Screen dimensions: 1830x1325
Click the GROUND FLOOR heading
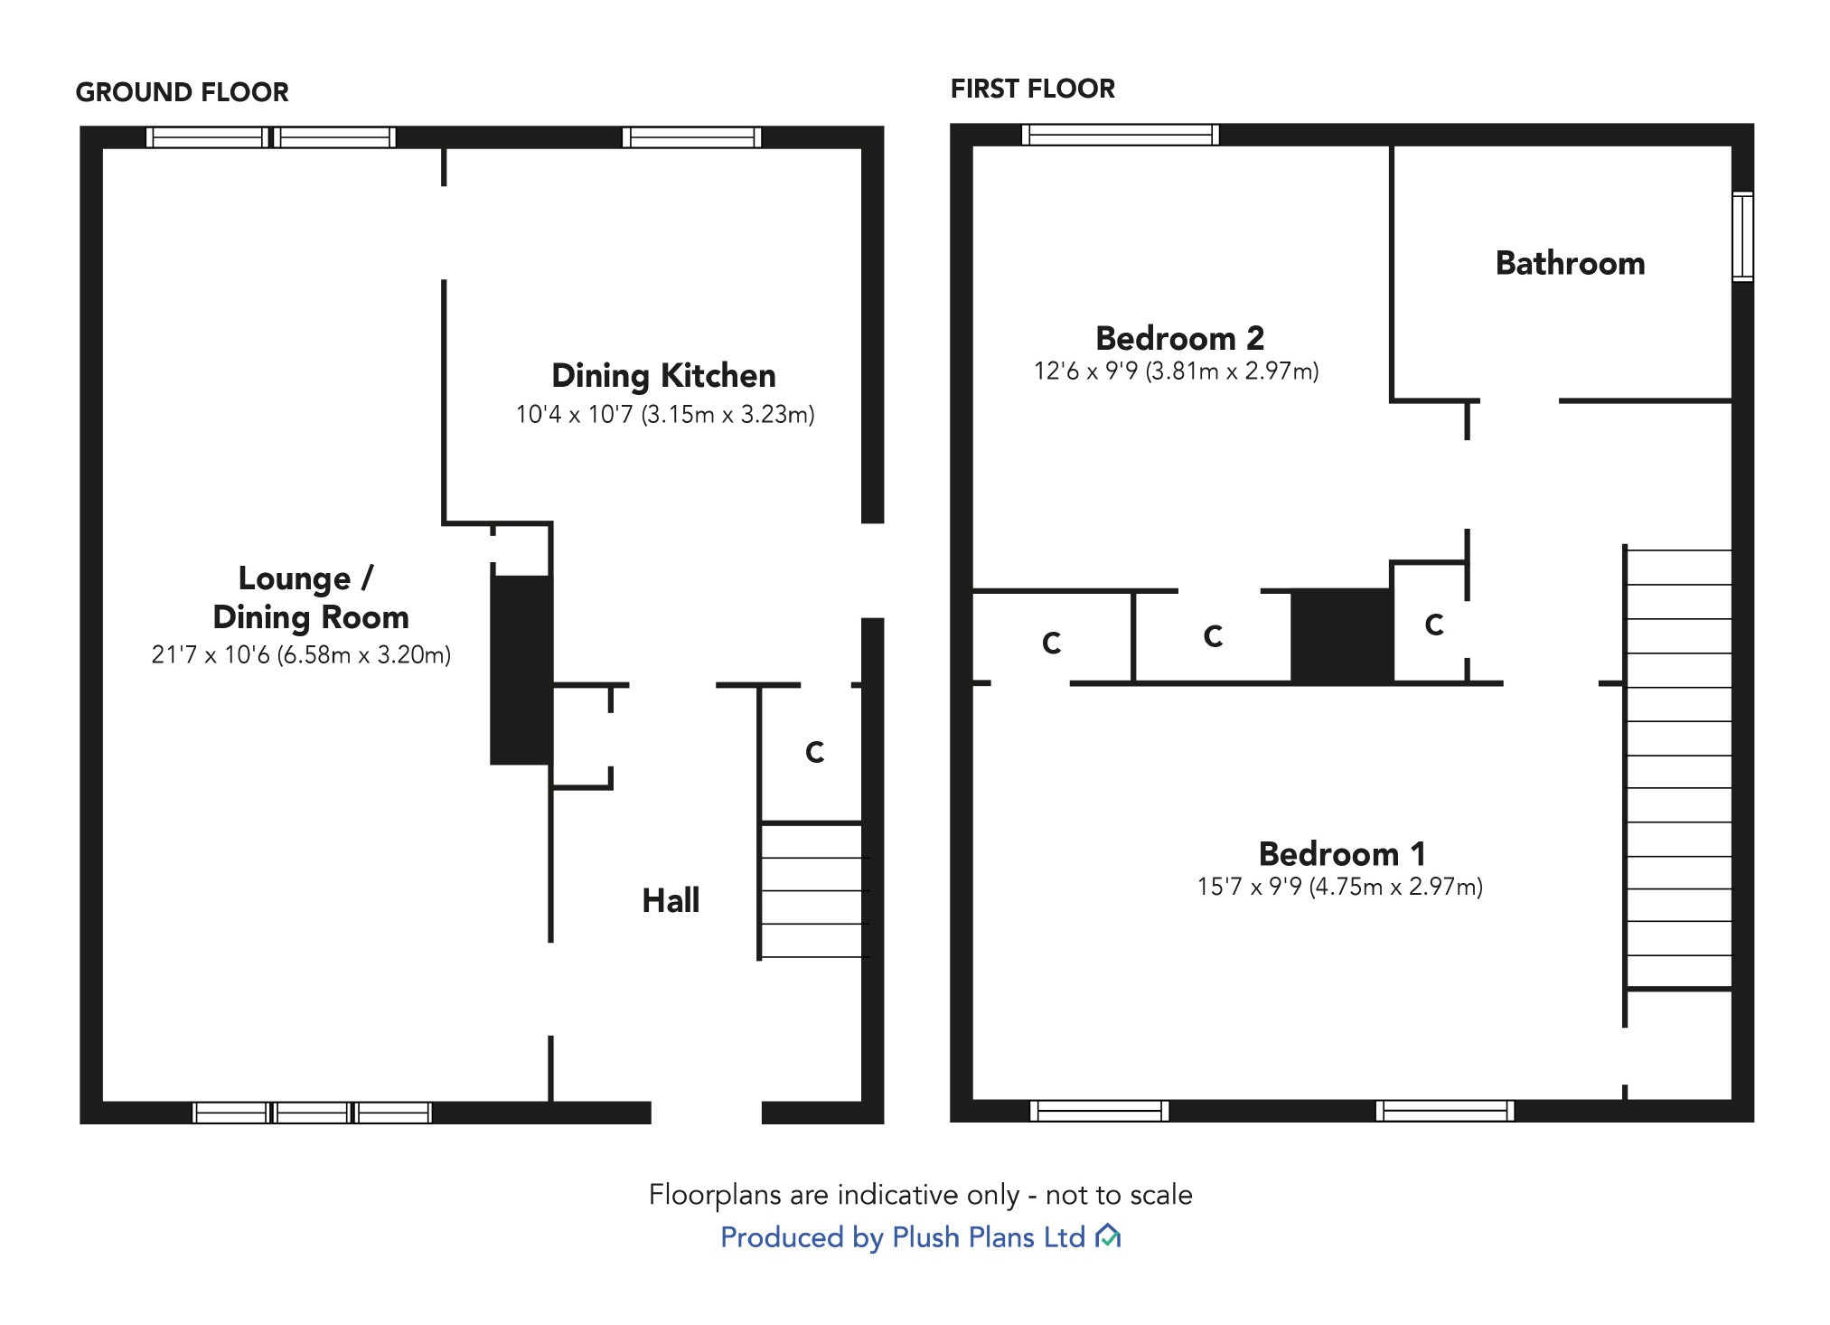(x=182, y=92)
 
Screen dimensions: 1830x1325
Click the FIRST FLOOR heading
(x=1032, y=89)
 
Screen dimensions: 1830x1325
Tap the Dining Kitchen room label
(x=663, y=376)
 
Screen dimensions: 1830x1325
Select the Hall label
(x=671, y=900)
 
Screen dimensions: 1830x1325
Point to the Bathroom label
(x=1570, y=264)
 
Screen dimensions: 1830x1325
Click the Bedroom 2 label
(x=1179, y=338)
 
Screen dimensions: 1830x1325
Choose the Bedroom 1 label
(x=1342, y=853)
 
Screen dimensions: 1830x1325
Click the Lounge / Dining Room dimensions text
(x=301, y=655)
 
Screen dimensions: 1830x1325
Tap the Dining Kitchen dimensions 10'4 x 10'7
(x=664, y=415)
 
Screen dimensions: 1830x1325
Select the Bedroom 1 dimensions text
(x=1339, y=887)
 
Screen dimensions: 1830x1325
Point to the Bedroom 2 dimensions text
(x=1176, y=371)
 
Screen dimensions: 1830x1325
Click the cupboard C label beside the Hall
(x=814, y=752)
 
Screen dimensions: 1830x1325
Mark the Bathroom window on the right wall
(x=1742, y=236)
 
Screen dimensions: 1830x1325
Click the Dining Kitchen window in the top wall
(x=692, y=137)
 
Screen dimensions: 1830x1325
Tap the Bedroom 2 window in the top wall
(x=1121, y=135)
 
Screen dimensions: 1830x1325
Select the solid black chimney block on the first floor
(x=1341, y=635)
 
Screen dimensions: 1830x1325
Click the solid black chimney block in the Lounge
(x=521, y=670)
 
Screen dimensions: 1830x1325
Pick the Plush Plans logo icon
(x=1107, y=1236)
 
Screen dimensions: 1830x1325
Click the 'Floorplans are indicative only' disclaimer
(x=920, y=1195)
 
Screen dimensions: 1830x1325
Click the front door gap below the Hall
(x=706, y=1113)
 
